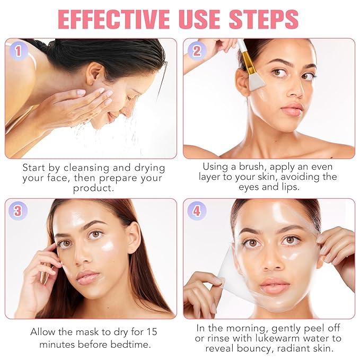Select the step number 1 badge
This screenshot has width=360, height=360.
coord(18,51)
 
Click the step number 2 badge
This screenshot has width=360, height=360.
coord(197,51)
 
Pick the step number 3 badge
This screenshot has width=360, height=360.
coord(18,211)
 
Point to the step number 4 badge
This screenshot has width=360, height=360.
coord(197,211)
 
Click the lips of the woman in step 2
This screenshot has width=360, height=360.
coord(291,110)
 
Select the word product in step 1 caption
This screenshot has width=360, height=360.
coord(93,189)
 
